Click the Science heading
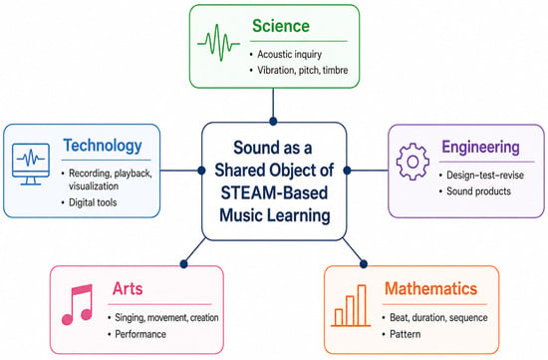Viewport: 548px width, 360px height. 281,26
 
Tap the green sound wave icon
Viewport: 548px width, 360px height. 219,43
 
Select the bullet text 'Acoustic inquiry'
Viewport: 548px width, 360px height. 289,54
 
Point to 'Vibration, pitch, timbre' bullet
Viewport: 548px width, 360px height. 303,70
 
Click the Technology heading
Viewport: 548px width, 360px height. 103,146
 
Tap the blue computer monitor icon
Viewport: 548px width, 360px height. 31,164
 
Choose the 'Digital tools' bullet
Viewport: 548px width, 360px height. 93,202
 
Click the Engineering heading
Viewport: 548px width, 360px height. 480,147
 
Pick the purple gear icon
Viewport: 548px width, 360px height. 412,162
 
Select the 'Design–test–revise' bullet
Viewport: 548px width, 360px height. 485,175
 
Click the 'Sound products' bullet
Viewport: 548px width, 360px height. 478,191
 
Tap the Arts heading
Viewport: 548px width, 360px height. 128,288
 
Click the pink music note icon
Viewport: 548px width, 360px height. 78,304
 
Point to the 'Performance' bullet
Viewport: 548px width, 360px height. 140,334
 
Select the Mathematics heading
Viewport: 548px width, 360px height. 430,288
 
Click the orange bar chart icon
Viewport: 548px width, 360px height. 351,306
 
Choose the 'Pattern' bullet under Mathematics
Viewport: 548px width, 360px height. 406,334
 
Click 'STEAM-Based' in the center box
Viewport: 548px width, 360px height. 274,192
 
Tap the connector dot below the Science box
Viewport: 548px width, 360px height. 273,122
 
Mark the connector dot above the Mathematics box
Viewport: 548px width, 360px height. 364,264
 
